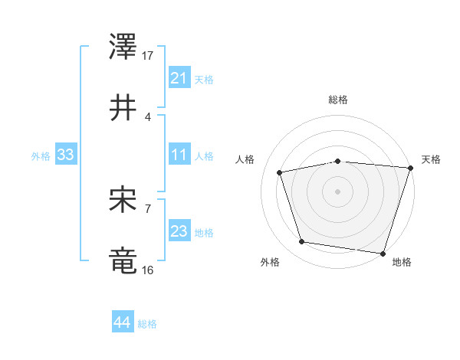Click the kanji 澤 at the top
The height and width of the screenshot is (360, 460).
click(123, 47)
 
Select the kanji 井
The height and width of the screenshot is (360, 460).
click(123, 108)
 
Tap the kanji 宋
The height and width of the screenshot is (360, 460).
click(123, 199)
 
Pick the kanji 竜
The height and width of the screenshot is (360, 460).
click(123, 260)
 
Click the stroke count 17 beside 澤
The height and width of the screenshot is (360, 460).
click(148, 56)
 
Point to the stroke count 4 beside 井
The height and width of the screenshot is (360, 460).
click(148, 116)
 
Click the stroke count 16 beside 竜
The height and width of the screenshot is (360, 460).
click(148, 270)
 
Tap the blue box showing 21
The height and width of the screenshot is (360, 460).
click(179, 78)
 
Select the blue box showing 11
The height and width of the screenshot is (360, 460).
click(179, 155)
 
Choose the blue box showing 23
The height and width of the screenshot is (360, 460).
click(179, 231)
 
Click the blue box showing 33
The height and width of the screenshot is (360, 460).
click(65, 155)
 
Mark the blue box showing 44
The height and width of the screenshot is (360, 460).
click(122, 322)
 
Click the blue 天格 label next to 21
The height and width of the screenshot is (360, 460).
click(204, 79)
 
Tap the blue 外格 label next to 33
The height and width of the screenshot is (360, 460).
click(41, 155)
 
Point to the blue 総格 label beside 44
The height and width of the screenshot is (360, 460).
click(147, 323)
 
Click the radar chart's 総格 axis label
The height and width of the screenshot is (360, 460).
click(338, 100)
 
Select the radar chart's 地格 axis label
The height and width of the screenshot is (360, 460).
click(402, 262)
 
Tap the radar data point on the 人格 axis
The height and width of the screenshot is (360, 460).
click(280, 172)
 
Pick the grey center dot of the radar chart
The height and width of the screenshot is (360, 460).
click(337, 191)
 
